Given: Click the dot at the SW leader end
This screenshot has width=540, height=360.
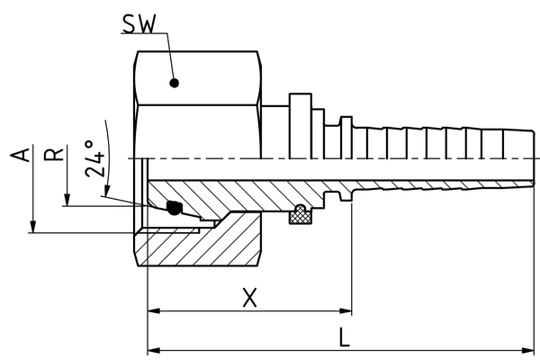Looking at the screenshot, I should click(175, 84).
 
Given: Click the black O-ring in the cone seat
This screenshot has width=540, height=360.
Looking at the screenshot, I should click(175, 207).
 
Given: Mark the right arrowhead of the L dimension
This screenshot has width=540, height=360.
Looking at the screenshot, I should click(533, 349).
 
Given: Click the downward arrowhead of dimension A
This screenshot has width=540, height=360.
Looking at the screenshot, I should click(32, 227).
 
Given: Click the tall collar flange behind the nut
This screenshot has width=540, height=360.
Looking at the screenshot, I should click(298, 117).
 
